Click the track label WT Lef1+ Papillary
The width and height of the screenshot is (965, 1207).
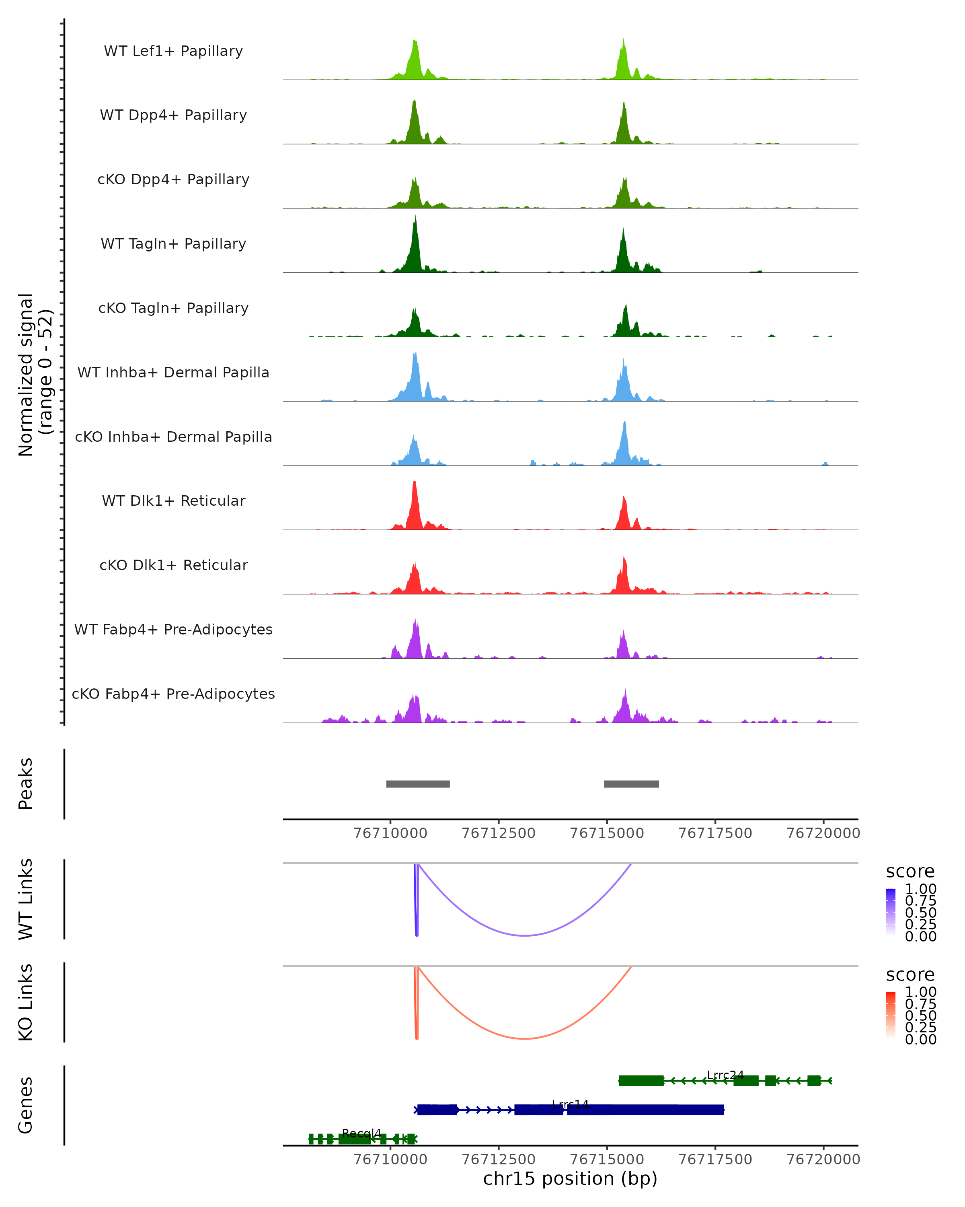(x=173, y=51)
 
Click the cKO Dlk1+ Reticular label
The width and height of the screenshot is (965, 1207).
(x=173, y=565)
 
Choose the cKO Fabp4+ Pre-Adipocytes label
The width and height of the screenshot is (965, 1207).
(x=173, y=694)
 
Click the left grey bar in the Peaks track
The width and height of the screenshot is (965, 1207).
(x=418, y=784)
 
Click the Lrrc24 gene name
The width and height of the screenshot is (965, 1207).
(x=725, y=1075)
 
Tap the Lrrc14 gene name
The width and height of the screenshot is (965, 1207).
(x=570, y=1104)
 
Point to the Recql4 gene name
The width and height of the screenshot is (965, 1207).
(x=361, y=1133)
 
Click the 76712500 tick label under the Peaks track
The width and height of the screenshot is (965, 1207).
(x=499, y=833)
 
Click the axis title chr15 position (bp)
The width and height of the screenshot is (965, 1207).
(x=570, y=1179)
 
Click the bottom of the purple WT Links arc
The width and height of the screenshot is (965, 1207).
(x=525, y=935)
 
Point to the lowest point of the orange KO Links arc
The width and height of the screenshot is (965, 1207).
(x=525, y=1038)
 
